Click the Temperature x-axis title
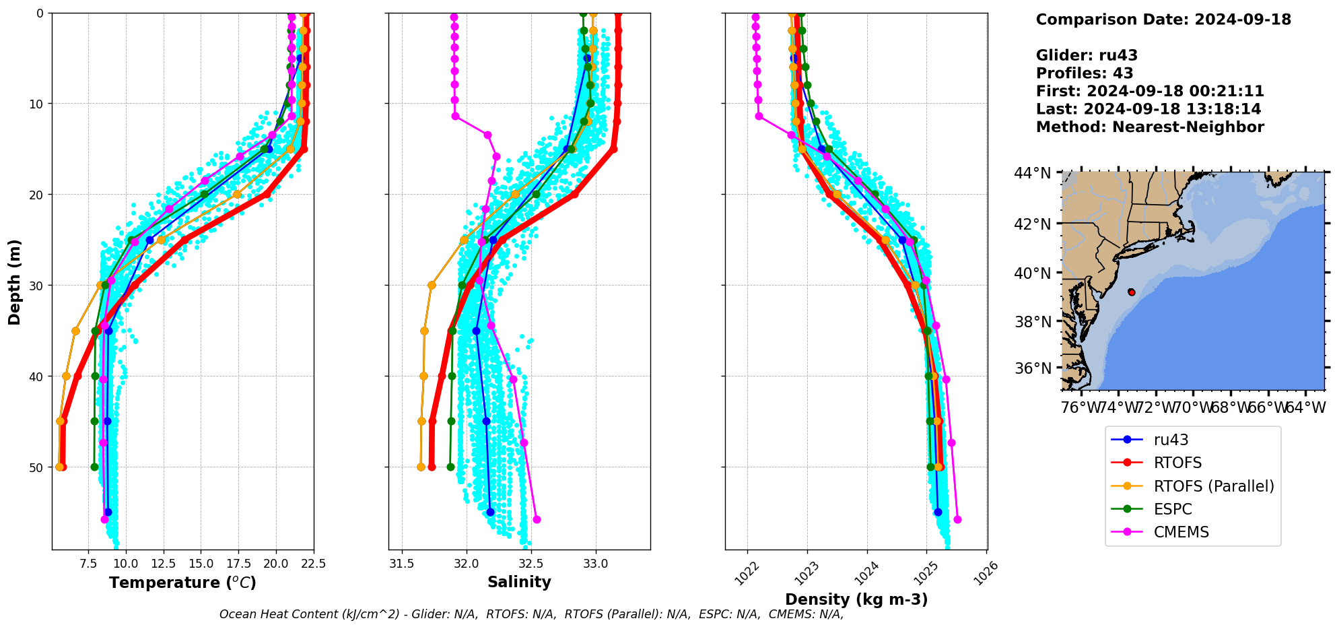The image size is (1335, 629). (x=182, y=583)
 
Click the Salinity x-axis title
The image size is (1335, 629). (x=519, y=583)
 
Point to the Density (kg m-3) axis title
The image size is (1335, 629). (x=856, y=599)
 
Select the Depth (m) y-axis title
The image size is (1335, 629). (x=15, y=282)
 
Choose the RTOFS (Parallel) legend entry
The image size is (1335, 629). (x=1214, y=486)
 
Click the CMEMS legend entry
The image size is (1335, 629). (x=1181, y=532)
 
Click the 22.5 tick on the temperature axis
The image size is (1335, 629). (x=314, y=564)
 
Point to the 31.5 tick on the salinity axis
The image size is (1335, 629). (x=402, y=564)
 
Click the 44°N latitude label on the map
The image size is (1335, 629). (x=1032, y=174)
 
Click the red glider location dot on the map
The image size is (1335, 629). (x=1131, y=292)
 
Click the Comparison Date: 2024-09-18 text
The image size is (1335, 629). (x=1163, y=20)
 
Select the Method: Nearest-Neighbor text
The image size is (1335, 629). (x=1150, y=127)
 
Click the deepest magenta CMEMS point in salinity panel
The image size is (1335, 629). (x=537, y=519)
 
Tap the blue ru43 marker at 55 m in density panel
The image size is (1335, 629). (x=938, y=512)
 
